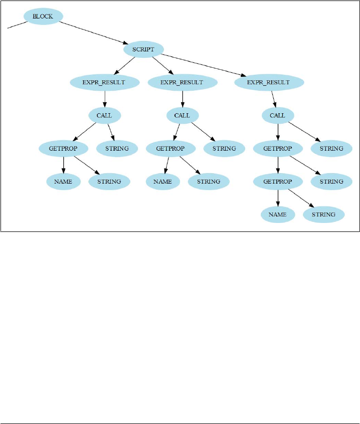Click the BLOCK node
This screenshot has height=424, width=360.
pos(42,16)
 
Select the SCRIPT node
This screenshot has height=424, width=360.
pos(143,49)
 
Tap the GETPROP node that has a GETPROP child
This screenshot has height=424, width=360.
pos(277,148)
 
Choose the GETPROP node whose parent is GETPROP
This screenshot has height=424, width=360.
pos(277,181)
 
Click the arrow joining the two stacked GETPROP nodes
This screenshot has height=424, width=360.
pos(277,165)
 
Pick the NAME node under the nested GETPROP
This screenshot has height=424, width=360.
pos(277,214)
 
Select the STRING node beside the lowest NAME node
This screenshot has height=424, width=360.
pos(324,214)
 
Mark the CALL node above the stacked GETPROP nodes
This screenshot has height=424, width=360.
pos(277,115)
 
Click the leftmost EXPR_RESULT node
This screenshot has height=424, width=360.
pos(104,82)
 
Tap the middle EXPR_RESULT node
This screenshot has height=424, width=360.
pos(182,82)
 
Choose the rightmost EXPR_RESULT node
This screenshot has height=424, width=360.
pos(269,82)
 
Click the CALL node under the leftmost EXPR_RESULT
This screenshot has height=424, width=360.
pos(105,115)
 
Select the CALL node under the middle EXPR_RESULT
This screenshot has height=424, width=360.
pos(182,115)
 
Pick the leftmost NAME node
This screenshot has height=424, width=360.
pos(63,181)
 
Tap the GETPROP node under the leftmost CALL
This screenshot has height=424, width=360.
pos(63,148)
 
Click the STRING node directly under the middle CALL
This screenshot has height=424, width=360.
pos(224,148)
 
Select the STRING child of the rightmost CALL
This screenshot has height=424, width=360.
pos(332,148)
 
